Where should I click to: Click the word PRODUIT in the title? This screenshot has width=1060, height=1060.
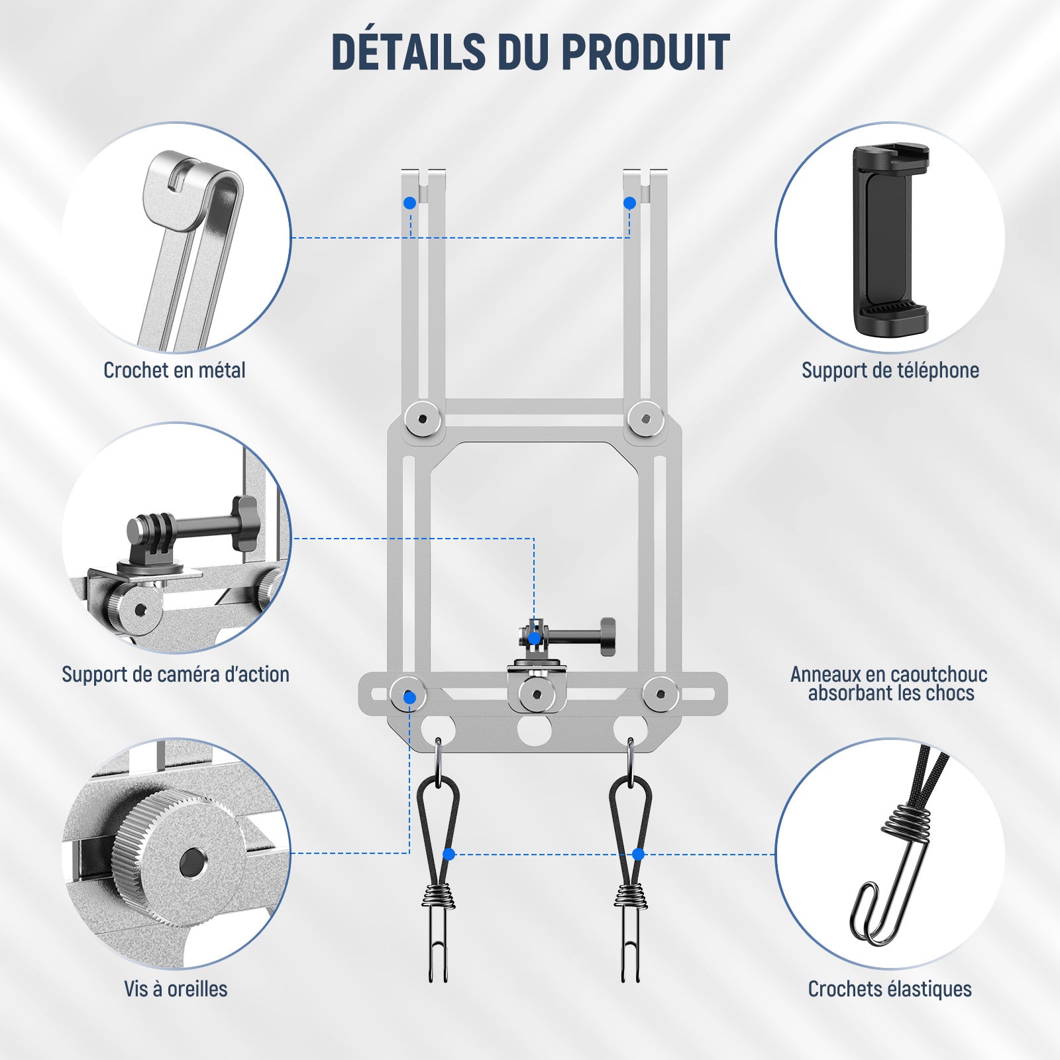point(646,52)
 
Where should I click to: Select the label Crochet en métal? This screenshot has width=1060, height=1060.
point(174,370)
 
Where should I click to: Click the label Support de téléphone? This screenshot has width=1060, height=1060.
point(890,370)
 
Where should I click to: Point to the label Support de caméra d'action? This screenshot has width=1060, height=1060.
point(176,674)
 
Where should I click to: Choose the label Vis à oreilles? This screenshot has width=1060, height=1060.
point(176,989)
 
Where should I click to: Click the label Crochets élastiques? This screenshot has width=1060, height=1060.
point(890,989)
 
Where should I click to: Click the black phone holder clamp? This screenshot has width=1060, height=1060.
point(891,239)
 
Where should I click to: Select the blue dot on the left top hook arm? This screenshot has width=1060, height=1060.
point(410,203)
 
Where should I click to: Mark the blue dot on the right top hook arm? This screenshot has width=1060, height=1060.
point(630,203)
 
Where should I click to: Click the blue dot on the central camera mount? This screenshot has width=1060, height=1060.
point(534,638)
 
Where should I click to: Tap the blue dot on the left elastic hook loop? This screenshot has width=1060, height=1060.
point(449,855)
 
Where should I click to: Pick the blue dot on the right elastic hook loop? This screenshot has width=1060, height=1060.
point(639,855)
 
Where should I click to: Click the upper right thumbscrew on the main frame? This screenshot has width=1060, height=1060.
point(646,418)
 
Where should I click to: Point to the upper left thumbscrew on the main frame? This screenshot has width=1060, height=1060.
point(423,418)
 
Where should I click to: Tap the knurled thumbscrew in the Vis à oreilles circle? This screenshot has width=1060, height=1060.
point(181,859)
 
